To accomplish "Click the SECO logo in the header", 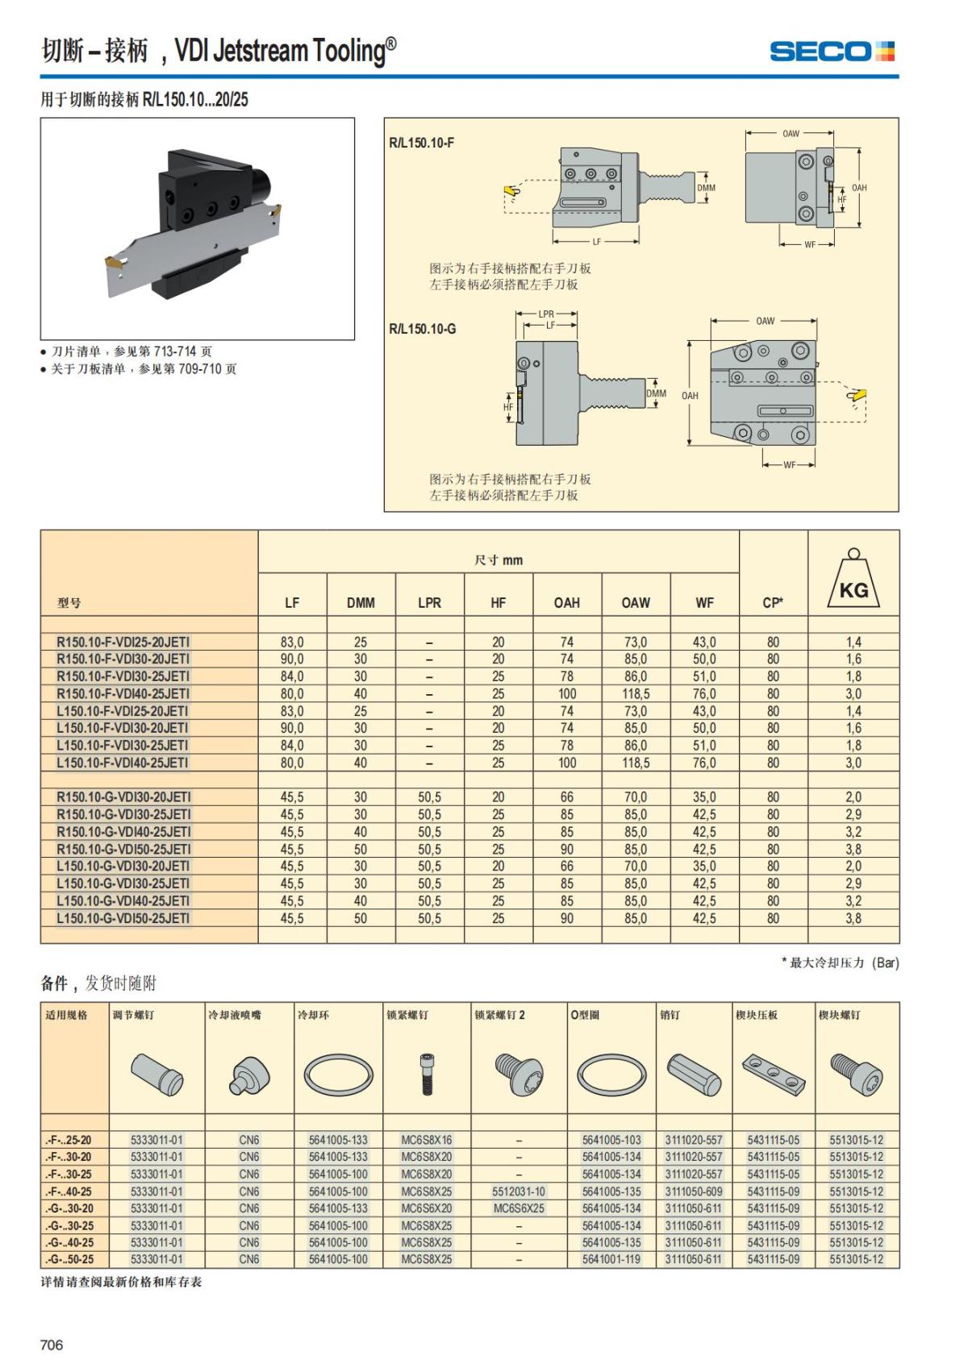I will pyautogui.click(x=831, y=52).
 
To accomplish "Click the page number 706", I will pyautogui.click(x=52, y=1345).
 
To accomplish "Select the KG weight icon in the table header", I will pyautogui.click(x=853, y=580).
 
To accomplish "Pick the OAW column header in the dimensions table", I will pyautogui.click(x=636, y=602).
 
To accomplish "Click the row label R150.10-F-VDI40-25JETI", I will pyautogui.click(x=123, y=693).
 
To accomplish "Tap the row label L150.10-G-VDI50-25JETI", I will pyautogui.click(x=123, y=918).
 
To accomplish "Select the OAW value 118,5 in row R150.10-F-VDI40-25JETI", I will pyautogui.click(x=636, y=693).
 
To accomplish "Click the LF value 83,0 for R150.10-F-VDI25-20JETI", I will pyautogui.click(x=292, y=642).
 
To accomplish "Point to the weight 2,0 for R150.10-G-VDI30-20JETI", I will pyautogui.click(x=853, y=796).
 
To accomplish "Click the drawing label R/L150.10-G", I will pyautogui.click(x=422, y=329).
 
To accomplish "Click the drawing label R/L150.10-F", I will pyautogui.click(x=421, y=143).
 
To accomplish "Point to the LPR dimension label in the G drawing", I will pyautogui.click(x=546, y=314).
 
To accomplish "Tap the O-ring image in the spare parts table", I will pyautogui.click(x=612, y=1075).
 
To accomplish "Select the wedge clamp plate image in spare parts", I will pyautogui.click(x=774, y=1073).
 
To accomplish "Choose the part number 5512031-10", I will pyautogui.click(x=519, y=1191).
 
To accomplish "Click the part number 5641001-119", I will pyautogui.click(x=611, y=1259).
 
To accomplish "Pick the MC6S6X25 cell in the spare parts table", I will pyautogui.click(x=519, y=1208).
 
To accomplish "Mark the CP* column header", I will pyautogui.click(x=773, y=602).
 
